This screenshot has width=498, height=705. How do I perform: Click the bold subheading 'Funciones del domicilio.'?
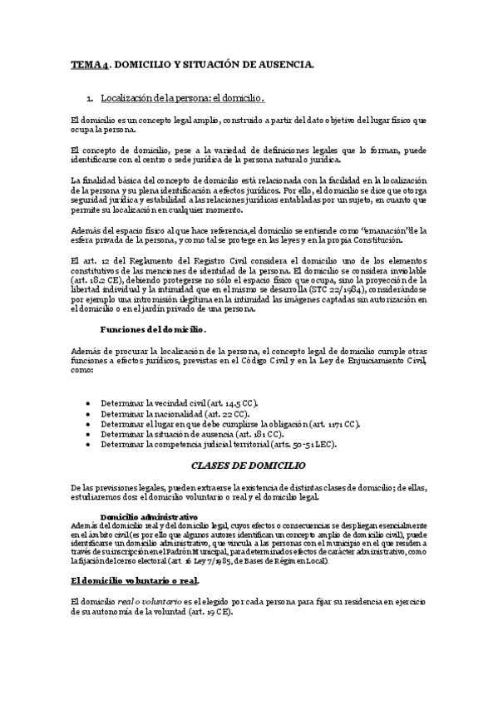(153, 329)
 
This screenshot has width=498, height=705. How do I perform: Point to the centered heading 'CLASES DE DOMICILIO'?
(248, 466)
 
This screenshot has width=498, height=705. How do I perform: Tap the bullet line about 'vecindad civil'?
(179, 402)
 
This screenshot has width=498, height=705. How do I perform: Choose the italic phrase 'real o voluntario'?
(147, 600)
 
